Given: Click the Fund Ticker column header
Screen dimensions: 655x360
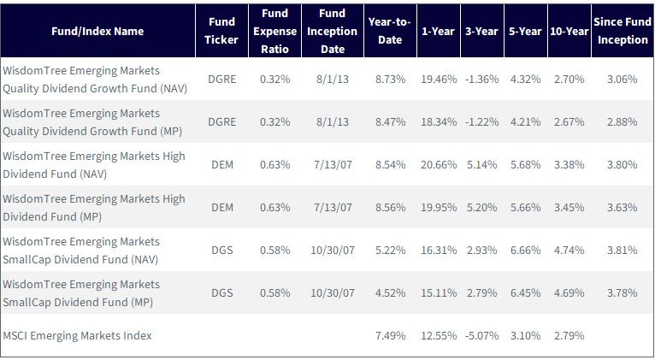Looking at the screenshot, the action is pyautogui.click(x=221, y=31).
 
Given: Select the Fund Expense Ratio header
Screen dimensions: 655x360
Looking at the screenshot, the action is pyautogui.click(x=274, y=31).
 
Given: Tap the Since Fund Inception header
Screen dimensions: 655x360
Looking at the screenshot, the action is pyautogui.click(x=623, y=31).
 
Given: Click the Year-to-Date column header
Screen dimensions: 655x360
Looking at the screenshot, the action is pyautogui.click(x=390, y=31).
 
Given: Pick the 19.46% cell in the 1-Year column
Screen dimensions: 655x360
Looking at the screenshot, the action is pyautogui.click(x=439, y=79).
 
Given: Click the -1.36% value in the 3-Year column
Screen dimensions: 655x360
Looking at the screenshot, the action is pyautogui.click(x=482, y=79).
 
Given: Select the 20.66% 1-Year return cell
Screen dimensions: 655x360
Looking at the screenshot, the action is pyautogui.click(x=439, y=164).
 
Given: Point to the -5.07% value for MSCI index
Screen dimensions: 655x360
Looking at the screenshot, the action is pyautogui.click(x=482, y=335).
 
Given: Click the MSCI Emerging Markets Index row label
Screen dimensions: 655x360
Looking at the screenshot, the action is pyautogui.click(x=77, y=335).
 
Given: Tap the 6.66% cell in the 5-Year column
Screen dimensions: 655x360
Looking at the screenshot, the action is pyautogui.click(x=526, y=251).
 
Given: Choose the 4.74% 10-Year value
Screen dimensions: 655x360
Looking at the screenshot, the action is pyautogui.click(x=569, y=251).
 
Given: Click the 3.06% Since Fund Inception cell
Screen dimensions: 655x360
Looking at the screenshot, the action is pyautogui.click(x=623, y=79).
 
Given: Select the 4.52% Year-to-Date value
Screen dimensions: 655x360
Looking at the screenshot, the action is pyautogui.click(x=390, y=292).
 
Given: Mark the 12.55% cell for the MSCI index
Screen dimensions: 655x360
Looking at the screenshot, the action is pyautogui.click(x=439, y=335).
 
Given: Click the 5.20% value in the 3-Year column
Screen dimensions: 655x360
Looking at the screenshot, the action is pyautogui.click(x=482, y=207).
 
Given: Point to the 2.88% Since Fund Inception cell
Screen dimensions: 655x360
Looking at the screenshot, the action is pyautogui.click(x=623, y=122).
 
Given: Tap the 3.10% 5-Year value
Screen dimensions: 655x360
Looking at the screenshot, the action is pyautogui.click(x=526, y=335).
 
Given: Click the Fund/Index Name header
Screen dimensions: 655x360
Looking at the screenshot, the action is pyautogui.click(x=97, y=31).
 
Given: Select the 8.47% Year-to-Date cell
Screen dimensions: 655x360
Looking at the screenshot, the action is pyautogui.click(x=390, y=122).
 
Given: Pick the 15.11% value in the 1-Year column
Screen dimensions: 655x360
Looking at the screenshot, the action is pyautogui.click(x=439, y=292).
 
